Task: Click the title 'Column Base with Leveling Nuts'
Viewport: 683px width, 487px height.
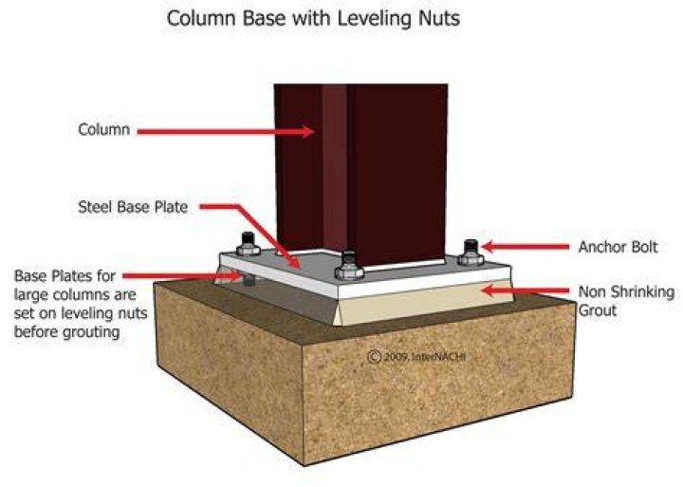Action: (x=313, y=19)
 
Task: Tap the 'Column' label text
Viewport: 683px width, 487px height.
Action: (x=103, y=129)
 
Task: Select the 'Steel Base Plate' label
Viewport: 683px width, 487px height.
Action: (x=133, y=207)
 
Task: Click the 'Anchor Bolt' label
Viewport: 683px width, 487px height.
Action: (x=618, y=247)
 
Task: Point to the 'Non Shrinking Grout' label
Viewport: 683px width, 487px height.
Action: (x=626, y=301)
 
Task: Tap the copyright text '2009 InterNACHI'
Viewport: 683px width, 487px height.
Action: (x=416, y=357)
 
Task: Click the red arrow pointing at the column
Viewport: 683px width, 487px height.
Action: (x=226, y=131)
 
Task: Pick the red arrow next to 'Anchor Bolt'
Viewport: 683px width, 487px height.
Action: (x=526, y=247)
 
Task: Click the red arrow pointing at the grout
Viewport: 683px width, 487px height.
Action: (x=526, y=290)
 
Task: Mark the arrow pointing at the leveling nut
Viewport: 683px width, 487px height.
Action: (x=182, y=275)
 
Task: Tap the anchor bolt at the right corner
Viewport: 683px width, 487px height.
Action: (x=471, y=253)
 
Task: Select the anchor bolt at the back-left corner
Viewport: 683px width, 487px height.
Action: (x=249, y=244)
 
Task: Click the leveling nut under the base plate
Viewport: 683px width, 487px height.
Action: (x=249, y=280)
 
